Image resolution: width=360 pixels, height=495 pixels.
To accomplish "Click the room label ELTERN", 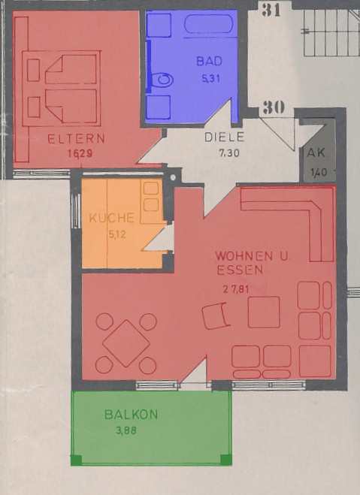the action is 76,139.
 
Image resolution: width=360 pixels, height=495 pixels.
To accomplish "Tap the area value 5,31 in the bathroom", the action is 210,78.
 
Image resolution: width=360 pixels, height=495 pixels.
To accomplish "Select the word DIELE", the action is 224,137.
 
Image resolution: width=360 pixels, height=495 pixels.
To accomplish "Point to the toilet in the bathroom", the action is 162,80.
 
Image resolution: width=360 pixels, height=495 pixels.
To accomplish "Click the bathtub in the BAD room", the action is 209,24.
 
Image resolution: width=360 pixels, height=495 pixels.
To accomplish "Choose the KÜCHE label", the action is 112,218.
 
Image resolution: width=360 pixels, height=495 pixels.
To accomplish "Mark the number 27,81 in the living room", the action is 236,289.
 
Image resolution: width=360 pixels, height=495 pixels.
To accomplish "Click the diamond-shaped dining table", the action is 126,343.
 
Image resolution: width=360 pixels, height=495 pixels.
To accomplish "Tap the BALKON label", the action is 131,414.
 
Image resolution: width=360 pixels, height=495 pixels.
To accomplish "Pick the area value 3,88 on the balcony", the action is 126,430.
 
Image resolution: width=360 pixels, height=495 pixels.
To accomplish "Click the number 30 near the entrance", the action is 274,107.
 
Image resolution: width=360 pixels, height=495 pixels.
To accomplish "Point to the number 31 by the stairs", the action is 271,10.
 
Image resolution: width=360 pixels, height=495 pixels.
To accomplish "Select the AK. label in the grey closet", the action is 316,153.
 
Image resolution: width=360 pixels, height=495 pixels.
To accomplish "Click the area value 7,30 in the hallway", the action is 229,153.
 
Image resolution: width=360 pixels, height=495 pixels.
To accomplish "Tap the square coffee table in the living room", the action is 264,312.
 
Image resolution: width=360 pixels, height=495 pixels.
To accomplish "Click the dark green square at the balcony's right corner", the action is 225,460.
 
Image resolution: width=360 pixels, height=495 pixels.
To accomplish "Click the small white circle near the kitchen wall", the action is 173,177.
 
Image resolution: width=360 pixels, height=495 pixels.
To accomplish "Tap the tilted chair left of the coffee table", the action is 216,315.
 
